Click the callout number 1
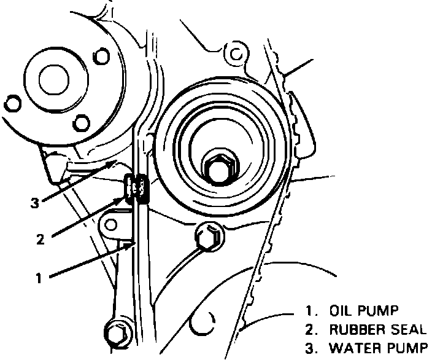click(x=38, y=278)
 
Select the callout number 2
click(x=40, y=240)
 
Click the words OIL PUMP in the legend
click(x=363, y=309)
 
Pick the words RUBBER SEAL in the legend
click(x=377, y=329)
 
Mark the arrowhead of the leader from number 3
click(x=117, y=162)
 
